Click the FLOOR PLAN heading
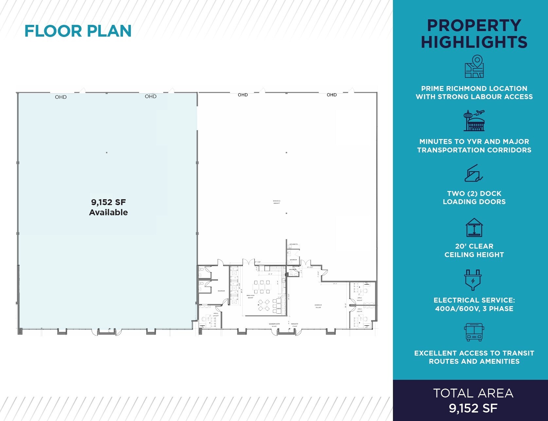click(78, 31)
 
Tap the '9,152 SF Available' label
click(108, 207)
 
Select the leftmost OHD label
click(61, 97)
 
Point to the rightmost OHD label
click(331, 95)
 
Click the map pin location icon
click(474, 66)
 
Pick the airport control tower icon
click(474, 121)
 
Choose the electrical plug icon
click(473, 280)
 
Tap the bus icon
click(474, 332)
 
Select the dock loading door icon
click(474, 173)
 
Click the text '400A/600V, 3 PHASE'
click(474, 308)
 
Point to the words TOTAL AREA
click(473, 393)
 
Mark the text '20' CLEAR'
click(474, 246)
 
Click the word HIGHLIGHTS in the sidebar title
click(474, 42)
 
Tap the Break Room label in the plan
click(250, 295)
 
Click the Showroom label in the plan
click(318, 305)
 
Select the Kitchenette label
click(293, 244)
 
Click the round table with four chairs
click(264, 305)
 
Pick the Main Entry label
click(294, 324)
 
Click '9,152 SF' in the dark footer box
click(473, 408)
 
